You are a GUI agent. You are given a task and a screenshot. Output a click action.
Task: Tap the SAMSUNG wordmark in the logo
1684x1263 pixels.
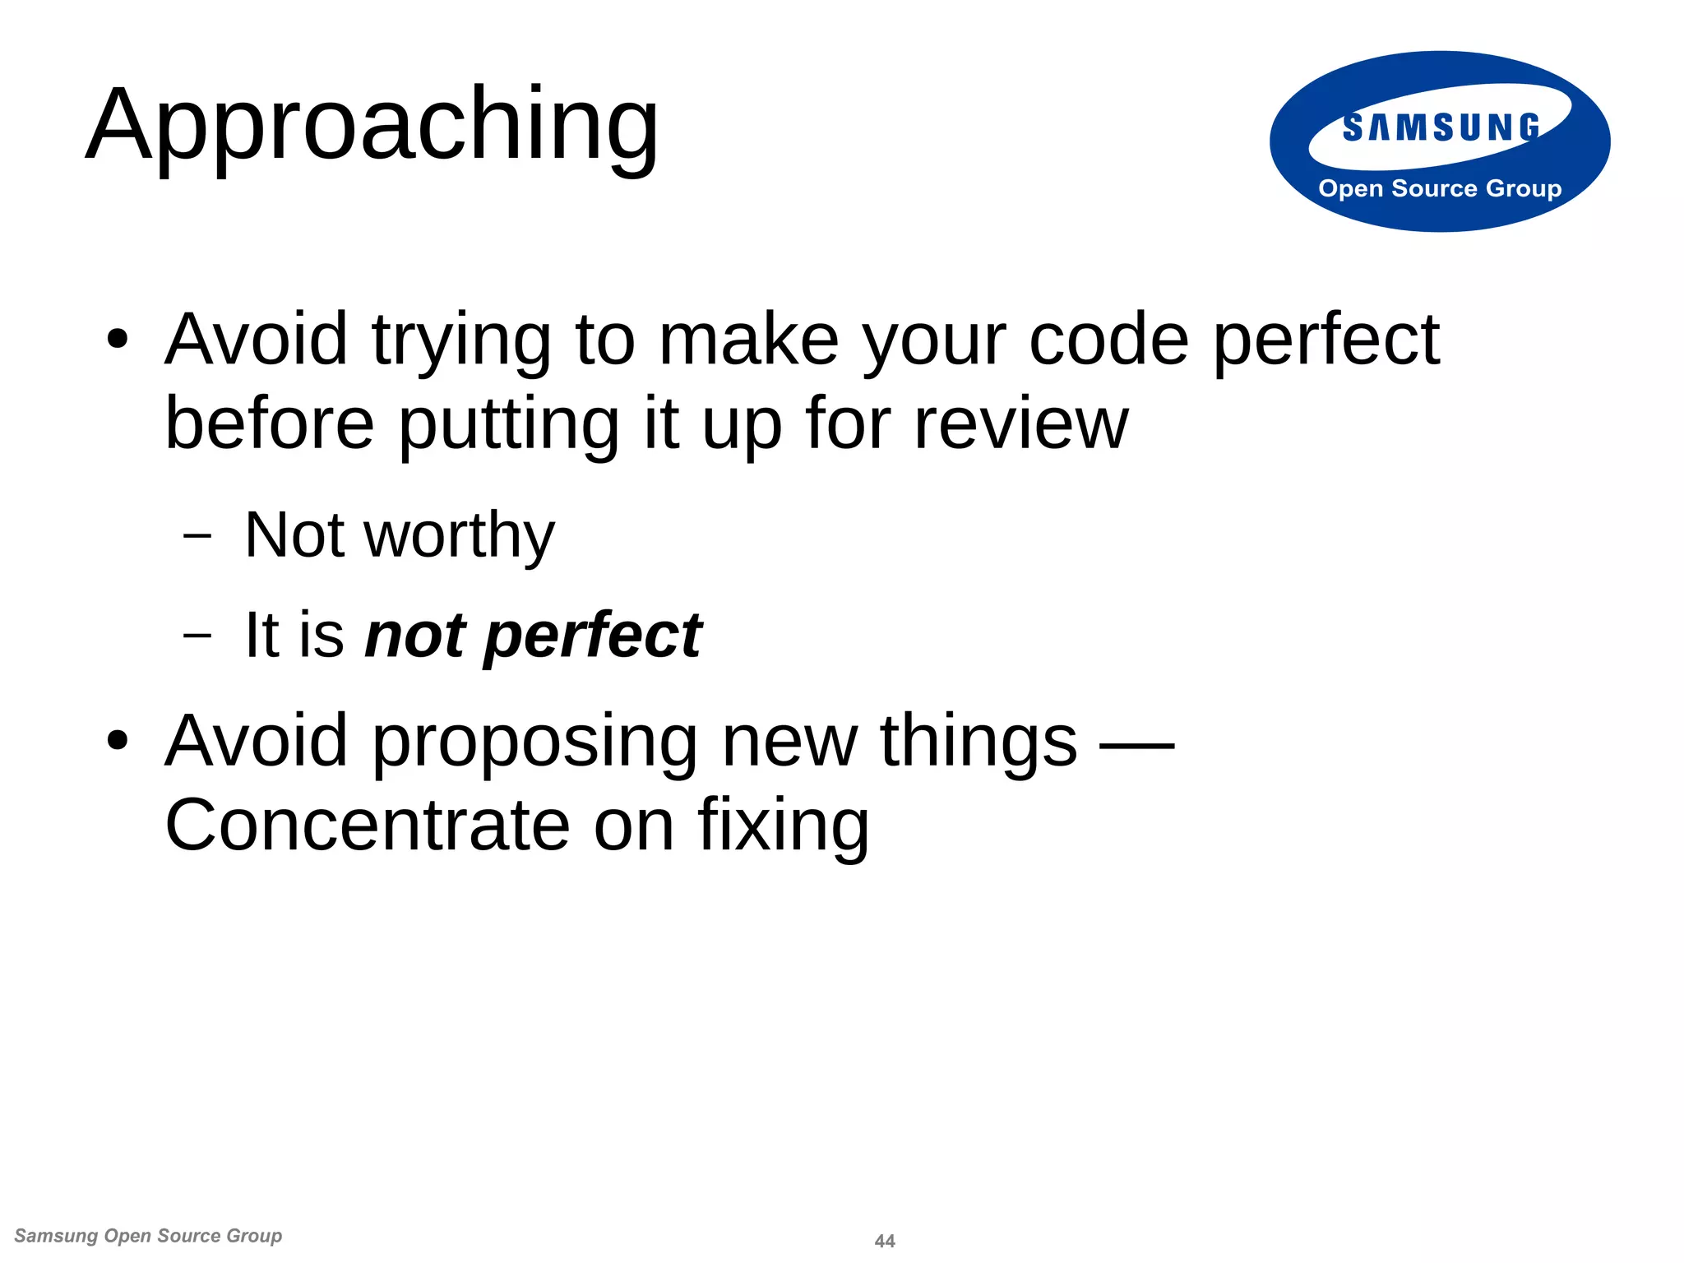tap(1441, 127)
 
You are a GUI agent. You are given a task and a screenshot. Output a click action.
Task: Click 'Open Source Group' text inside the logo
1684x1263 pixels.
tap(1440, 188)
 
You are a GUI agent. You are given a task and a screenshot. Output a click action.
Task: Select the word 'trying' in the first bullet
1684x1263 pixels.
tap(460, 341)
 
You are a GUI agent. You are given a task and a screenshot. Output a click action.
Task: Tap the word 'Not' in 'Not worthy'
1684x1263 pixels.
tap(294, 535)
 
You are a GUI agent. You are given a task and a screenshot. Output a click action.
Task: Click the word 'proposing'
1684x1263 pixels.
tap(534, 743)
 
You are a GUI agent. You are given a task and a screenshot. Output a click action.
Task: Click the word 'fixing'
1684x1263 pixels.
tap(783, 826)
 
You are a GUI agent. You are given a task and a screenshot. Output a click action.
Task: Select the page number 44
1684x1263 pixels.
tap(885, 1241)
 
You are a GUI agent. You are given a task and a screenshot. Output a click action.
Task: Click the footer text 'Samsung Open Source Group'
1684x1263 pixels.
tap(148, 1236)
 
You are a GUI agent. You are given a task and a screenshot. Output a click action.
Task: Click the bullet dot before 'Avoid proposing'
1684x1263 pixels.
tap(118, 740)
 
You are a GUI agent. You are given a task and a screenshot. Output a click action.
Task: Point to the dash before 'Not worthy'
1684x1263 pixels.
tap(197, 537)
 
